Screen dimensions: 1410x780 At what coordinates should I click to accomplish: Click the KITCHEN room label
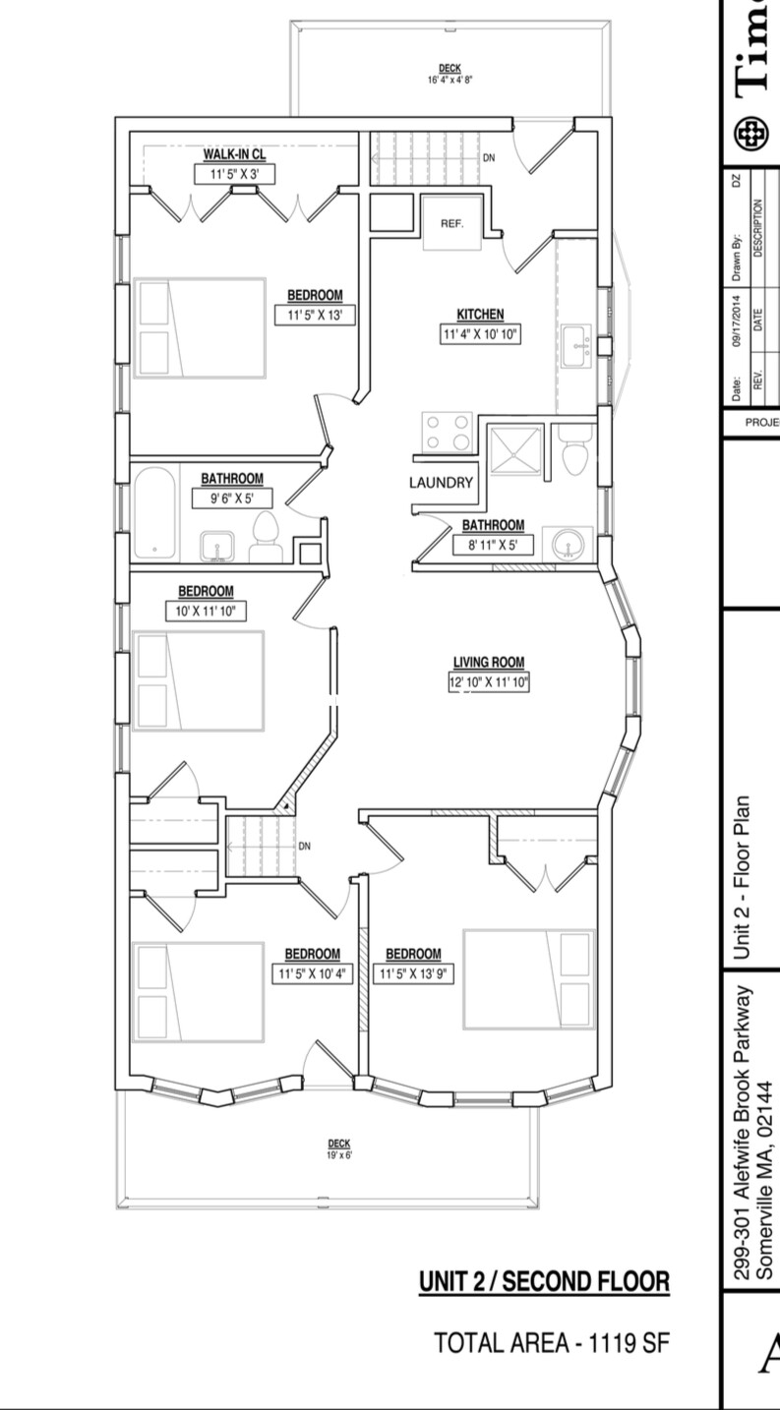point(480,315)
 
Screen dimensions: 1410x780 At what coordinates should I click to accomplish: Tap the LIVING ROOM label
point(489,662)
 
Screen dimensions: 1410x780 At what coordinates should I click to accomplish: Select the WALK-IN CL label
point(234,155)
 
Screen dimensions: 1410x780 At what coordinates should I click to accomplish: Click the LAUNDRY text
point(442,483)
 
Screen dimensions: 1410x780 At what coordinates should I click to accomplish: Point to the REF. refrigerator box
point(451,223)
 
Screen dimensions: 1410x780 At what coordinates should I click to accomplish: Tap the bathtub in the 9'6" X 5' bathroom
point(154,513)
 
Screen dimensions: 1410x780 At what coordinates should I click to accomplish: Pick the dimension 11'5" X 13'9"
point(413,975)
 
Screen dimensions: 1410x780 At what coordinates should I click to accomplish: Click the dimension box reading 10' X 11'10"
point(206,612)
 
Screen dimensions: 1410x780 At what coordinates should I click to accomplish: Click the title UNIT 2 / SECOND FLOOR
point(544,1282)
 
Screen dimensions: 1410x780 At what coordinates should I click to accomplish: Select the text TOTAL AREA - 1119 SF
point(552,1343)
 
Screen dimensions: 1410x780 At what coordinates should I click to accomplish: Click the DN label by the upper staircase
point(489,157)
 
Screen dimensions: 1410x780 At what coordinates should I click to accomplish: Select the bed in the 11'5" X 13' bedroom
point(201,328)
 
